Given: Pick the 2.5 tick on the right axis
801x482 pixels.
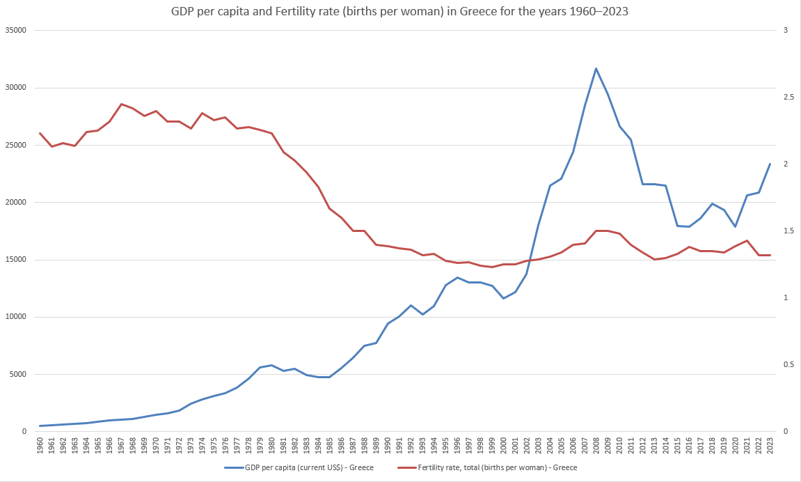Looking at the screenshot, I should click(x=787, y=98).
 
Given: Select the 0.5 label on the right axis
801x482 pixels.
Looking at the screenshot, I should click(x=787, y=365).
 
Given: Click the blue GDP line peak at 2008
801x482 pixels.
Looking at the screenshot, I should click(x=596, y=68).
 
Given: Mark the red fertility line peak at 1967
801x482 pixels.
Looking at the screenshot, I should click(x=121, y=104).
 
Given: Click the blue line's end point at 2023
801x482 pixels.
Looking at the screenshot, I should click(x=770, y=164).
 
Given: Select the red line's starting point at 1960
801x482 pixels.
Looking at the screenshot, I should click(x=40, y=133).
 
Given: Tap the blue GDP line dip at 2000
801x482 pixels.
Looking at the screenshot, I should click(x=503, y=299).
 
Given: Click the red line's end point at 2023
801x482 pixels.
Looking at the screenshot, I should click(x=770, y=255).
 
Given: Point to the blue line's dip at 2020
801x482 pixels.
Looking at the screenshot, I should click(x=735, y=226).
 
